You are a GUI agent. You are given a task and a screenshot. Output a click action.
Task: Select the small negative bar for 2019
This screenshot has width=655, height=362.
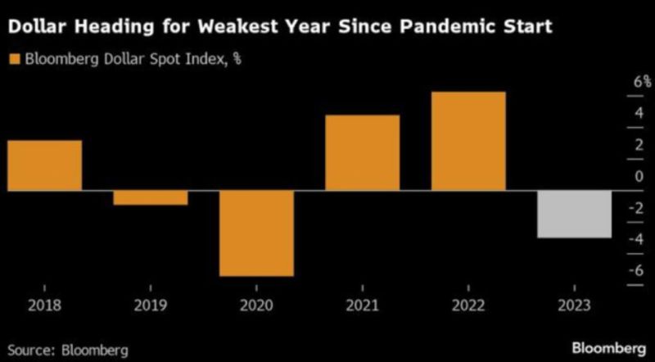[150, 197]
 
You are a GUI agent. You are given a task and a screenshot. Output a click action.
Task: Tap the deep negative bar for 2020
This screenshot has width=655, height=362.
[256, 233]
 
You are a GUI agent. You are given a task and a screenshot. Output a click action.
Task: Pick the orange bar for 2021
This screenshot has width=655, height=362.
[363, 152]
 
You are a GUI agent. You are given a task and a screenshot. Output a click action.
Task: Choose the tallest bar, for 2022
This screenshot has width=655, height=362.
[468, 141]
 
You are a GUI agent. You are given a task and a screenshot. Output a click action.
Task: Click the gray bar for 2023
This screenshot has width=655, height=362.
[575, 214]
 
